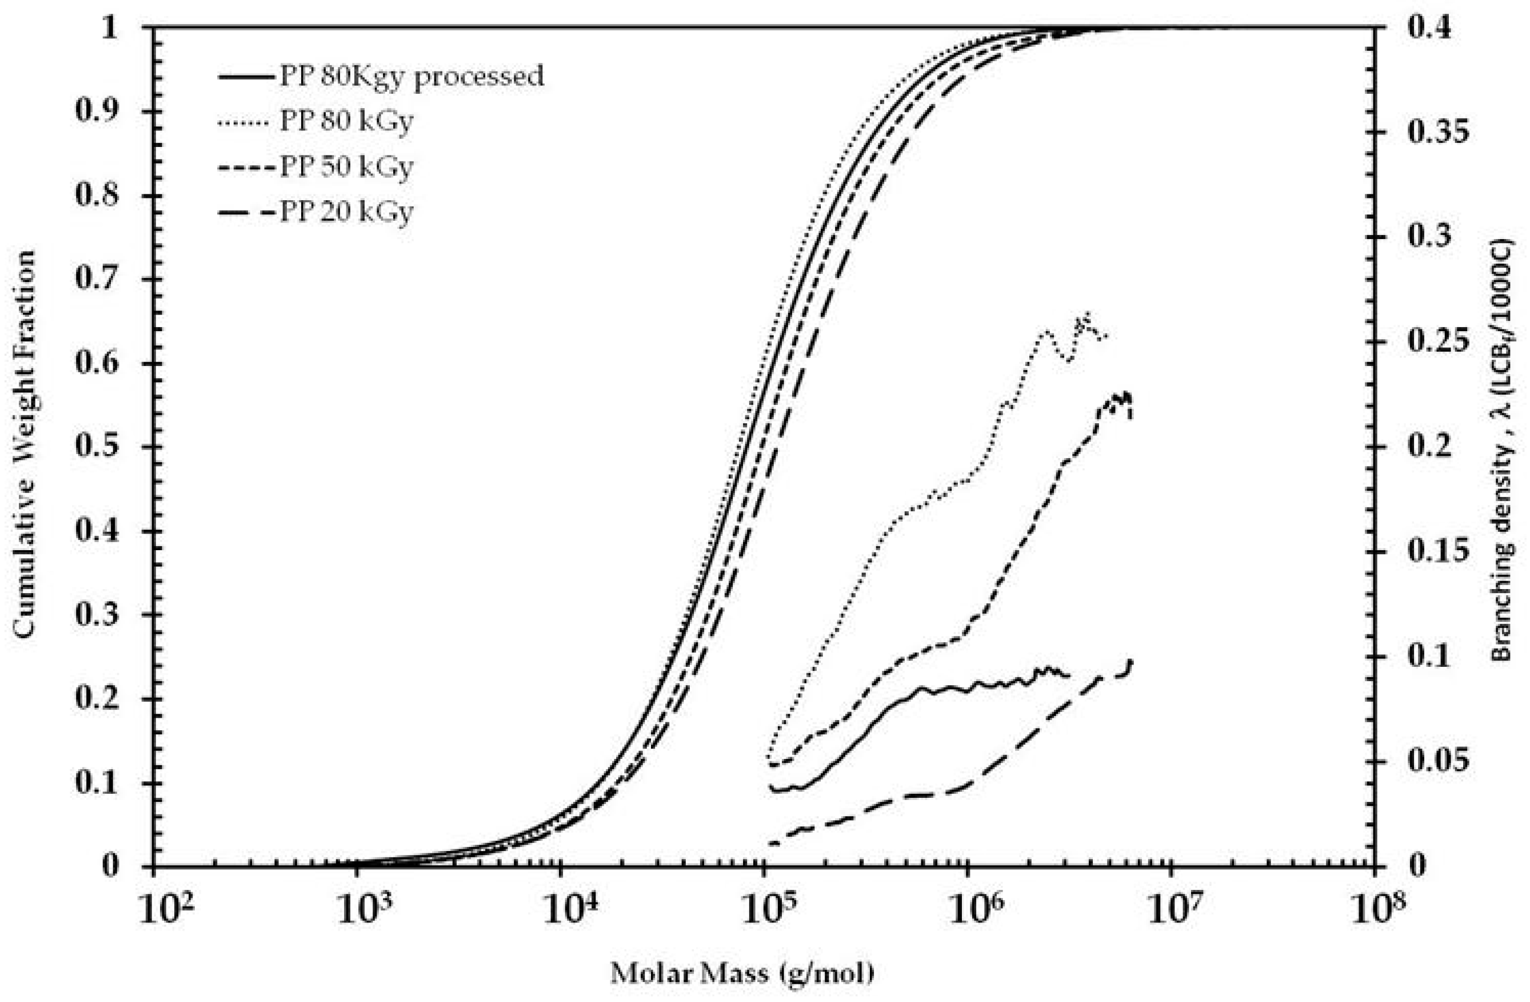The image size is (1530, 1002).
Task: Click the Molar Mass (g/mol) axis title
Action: coord(742,973)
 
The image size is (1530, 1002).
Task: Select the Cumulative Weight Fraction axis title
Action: coord(25,445)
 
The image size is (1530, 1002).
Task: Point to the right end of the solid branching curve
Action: coord(1068,675)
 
